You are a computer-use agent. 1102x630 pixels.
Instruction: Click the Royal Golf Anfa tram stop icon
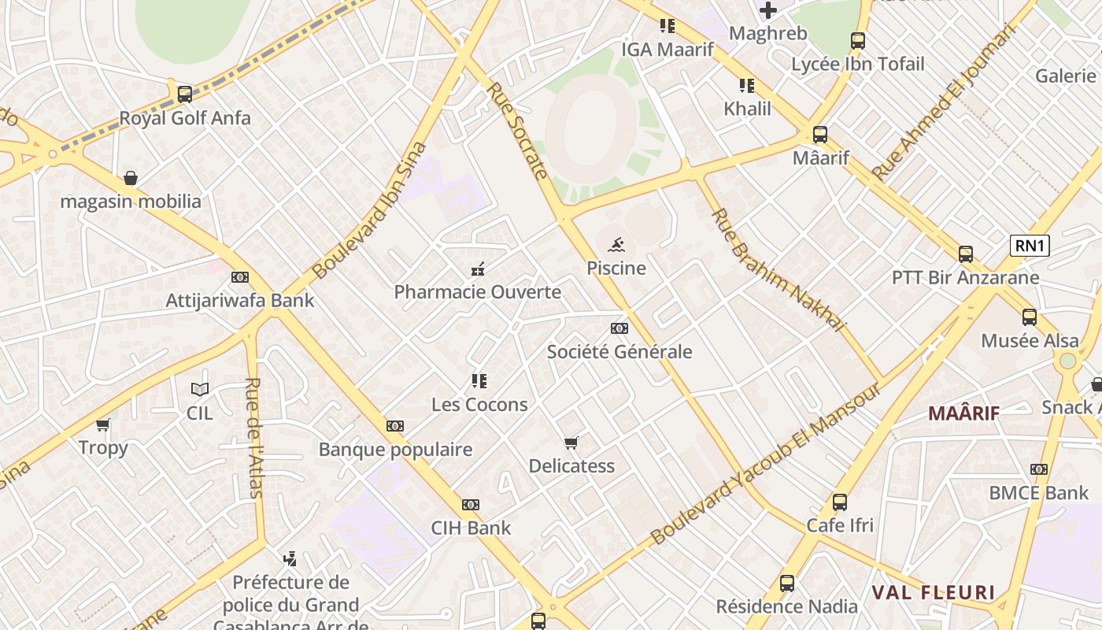(185, 94)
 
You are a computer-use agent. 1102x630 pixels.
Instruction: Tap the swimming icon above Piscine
(616, 244)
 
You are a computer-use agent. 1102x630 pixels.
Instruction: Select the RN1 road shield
(1030, 246)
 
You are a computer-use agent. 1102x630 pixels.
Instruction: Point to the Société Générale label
(619, 352)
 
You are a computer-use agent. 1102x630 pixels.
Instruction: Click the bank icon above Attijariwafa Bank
(240, 277)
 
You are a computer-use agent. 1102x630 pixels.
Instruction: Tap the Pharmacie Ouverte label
(477, 292)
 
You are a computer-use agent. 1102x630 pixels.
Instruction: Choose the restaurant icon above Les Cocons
(479, 381)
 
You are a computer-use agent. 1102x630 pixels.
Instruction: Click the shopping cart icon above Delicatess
(571, 443)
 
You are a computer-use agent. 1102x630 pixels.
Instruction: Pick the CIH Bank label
(471, 528)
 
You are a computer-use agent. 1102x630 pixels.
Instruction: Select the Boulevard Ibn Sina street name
(369, 210)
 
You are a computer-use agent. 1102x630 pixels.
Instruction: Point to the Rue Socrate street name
(517, 131)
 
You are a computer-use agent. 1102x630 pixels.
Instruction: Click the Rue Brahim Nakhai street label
(777, 269)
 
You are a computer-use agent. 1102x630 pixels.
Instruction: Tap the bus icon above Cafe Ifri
(840, 502)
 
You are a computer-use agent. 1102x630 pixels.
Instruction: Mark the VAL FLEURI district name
(933, 592)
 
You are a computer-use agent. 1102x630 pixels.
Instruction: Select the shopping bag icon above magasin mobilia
(131, 178)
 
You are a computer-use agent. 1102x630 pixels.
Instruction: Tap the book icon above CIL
(200, 389)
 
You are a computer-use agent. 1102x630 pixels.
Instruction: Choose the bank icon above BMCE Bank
(1039, 469)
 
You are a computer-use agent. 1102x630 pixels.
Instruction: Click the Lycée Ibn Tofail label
(858, 65)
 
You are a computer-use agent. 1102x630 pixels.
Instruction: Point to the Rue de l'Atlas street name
(253, 438)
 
